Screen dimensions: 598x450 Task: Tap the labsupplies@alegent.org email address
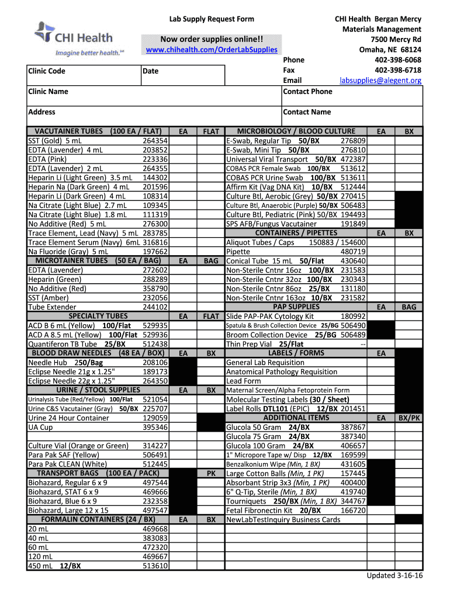(380, 80)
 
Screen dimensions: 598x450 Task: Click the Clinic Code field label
(47, 71)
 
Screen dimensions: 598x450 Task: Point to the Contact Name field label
(306, 112)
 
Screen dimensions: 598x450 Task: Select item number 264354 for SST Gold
(155, 141)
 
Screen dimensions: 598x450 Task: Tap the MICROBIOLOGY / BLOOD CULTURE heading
(296, 131)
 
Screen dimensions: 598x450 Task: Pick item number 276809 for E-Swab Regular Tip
(353, 141)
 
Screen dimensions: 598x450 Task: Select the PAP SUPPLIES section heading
(296, 307)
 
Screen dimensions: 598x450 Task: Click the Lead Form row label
(243, 381)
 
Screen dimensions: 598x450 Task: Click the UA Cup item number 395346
(155, 427)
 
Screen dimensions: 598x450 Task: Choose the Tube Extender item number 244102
(155, 307)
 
